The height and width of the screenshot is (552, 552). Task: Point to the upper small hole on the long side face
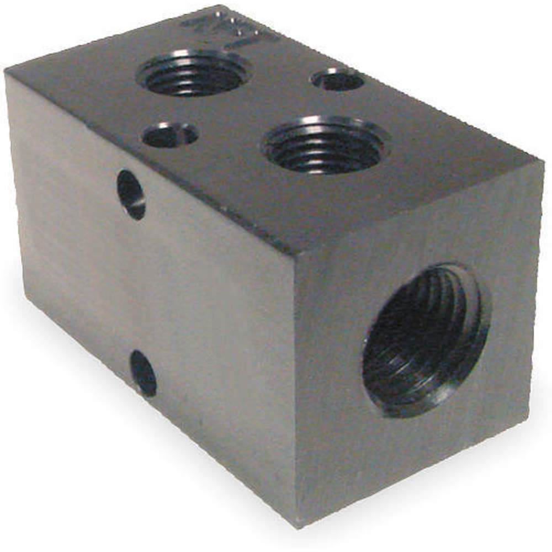(x=131, y=195)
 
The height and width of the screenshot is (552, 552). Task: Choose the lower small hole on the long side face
(x=144, y=374)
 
